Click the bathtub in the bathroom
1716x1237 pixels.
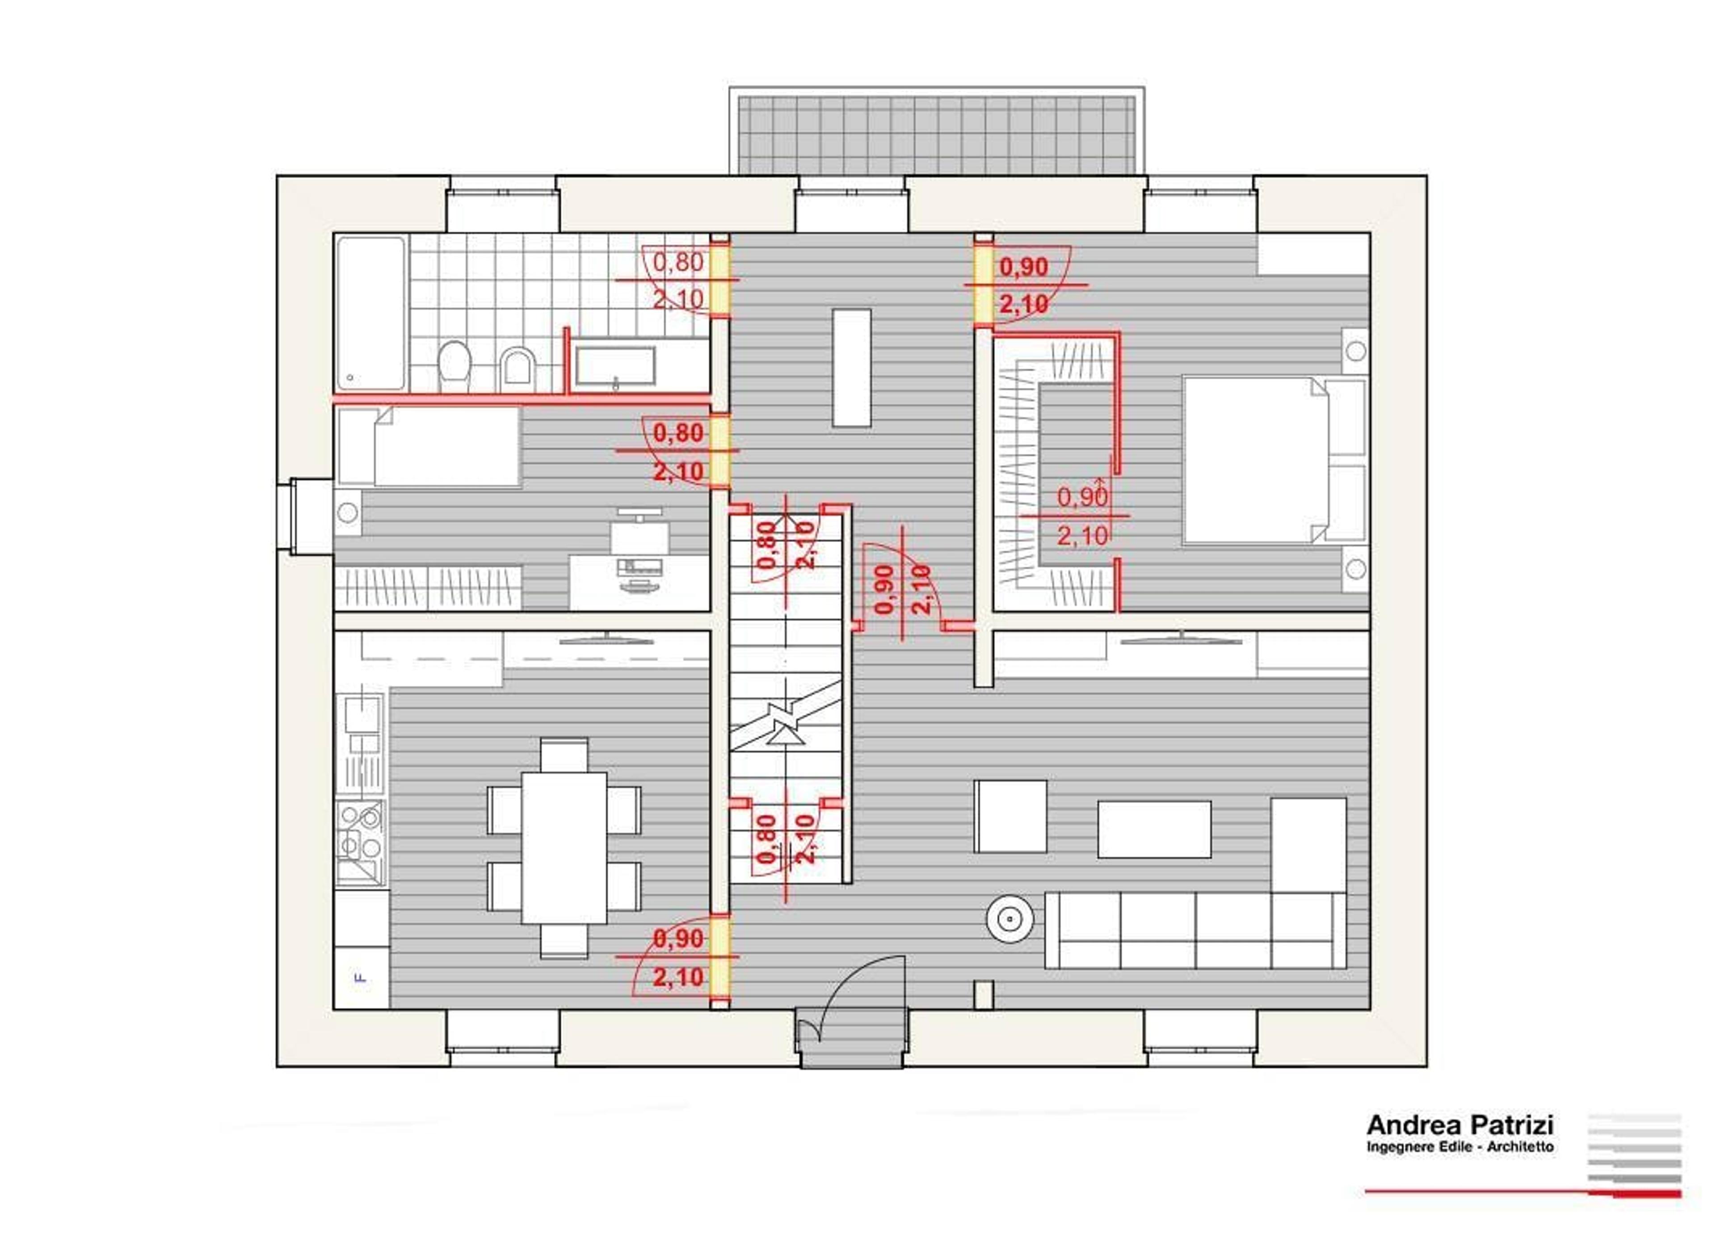point(371,313)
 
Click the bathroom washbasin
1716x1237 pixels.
point(615,366)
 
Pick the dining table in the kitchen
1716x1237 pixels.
point(564,847)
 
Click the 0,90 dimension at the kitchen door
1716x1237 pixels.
point(678,939)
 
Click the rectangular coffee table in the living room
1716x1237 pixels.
point(1154,829)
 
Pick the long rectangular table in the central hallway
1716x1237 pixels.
point(851,368)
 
